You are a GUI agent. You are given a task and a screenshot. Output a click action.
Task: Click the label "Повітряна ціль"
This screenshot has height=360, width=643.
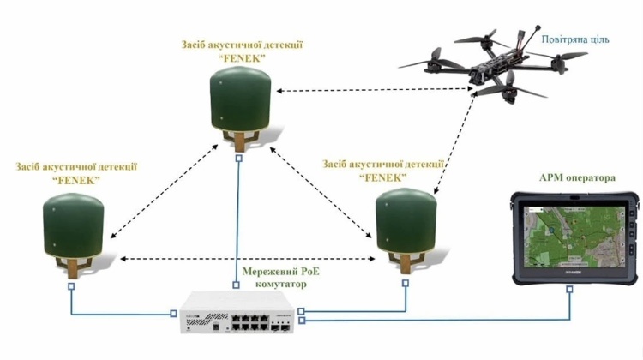575,39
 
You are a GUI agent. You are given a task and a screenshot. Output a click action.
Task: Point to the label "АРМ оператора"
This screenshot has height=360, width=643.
577,178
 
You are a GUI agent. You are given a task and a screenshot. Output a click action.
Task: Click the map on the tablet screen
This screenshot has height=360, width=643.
574,237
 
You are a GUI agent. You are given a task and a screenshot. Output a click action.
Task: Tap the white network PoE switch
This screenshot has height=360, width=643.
237,312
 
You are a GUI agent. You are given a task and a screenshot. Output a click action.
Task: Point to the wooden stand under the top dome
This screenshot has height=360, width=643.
240,140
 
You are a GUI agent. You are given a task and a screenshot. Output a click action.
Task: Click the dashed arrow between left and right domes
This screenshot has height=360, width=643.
247,259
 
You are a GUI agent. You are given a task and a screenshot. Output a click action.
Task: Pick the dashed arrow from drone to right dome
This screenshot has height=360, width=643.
454,142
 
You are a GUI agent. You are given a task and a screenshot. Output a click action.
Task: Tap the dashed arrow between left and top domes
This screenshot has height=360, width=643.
164,191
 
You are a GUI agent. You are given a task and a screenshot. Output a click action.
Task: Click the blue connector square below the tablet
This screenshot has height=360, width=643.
569,290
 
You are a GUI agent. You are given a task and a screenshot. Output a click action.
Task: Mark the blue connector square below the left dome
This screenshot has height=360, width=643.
71,286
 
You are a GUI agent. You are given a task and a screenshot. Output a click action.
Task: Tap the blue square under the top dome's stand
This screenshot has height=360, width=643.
239,158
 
